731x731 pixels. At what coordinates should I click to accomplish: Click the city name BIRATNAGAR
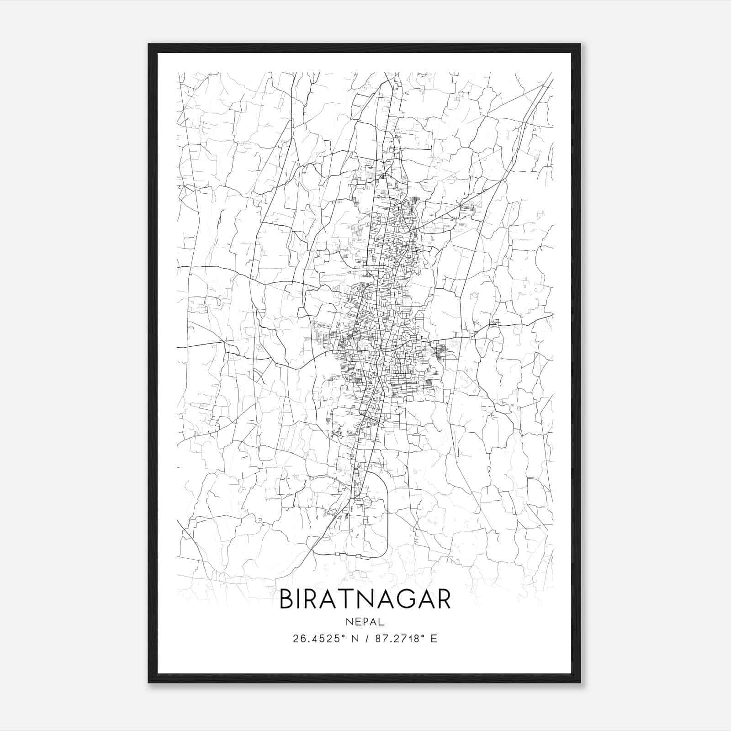(365, 599)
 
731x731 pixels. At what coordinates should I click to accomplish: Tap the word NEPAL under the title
(365, 622)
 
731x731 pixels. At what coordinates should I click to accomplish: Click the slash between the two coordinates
(366, 639)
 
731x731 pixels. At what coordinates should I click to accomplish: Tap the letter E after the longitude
(434, 639)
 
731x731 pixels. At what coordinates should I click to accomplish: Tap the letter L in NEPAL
(382, 622)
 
